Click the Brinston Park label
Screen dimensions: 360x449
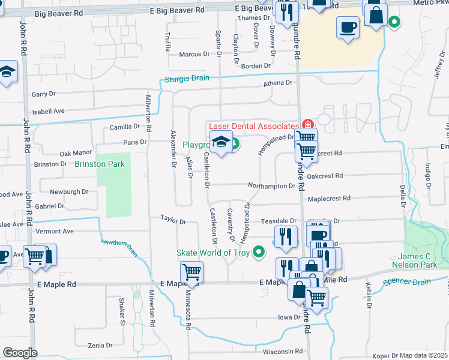[x=100, y=163]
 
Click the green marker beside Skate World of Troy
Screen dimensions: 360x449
[x=259, y=252]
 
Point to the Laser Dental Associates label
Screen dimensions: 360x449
[x=253, y=126]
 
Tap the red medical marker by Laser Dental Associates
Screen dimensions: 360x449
[x=307, y=125]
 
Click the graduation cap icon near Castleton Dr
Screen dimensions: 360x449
[x=221, y=143]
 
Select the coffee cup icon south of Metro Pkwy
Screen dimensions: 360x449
[x=348, y=27]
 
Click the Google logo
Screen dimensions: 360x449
[x=20, y=352]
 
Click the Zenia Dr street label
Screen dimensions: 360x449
[x=100, y=346]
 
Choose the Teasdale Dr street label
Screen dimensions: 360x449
[x=279, y=221]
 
